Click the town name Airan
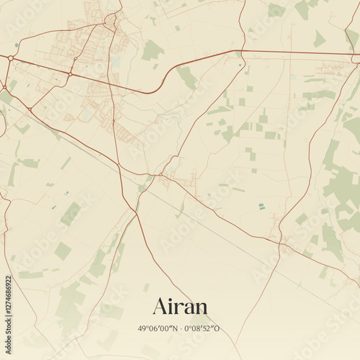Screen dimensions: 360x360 (180, 306)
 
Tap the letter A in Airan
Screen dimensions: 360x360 (161, 306)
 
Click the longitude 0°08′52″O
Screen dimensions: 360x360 (204, 329)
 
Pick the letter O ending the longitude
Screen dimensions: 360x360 (217, 329)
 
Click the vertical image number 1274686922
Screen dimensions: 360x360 (8, 311)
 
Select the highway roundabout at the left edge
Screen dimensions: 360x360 (11, 58)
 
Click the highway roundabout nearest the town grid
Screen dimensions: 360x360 (70, 73)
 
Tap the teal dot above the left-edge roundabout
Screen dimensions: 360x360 (12, 45)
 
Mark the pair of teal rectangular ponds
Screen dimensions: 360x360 (261, 207)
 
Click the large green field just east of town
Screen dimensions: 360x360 (151, 50)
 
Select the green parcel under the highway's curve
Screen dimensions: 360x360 (186, 77)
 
